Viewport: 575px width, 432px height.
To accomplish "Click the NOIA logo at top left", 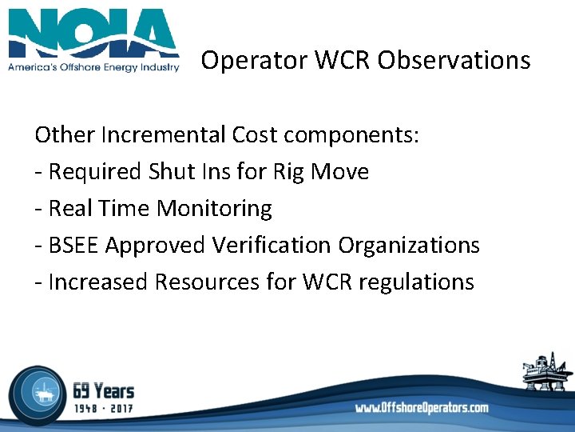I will [93, 33].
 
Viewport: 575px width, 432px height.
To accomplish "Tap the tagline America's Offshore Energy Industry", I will [93, 68].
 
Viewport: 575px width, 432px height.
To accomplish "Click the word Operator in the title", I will [246, 60].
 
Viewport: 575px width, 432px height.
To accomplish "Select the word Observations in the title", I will [454, 60].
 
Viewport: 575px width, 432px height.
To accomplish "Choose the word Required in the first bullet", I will [94, 171].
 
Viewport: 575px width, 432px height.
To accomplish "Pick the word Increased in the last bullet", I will [98, 282].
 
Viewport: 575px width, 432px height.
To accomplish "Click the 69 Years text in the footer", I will [103, 391].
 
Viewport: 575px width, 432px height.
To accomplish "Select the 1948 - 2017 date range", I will [103, 409].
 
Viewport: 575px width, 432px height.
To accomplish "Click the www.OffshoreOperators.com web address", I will [422, 408].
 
